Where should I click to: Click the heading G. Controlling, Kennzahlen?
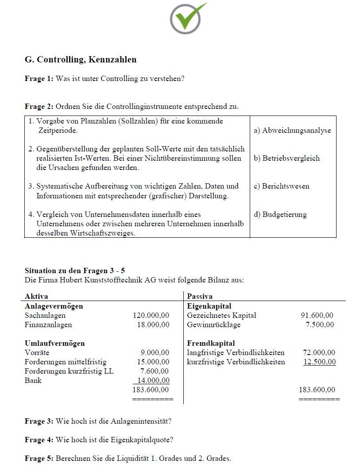point(81,59)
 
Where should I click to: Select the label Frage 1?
point(39,79)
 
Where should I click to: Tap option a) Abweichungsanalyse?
point(292,130)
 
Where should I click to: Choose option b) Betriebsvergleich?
point(286,158)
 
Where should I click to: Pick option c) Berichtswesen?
point(281,186)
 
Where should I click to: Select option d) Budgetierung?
point(280,214)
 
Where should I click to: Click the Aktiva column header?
point(36,296)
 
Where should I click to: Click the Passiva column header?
point(200,296)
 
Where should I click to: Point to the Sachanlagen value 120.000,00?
point(151,315)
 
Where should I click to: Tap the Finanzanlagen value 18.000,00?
point(153,324)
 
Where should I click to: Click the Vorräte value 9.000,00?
point(155,352)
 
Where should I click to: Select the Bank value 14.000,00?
point(153,380)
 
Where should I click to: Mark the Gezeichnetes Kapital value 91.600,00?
point(317,315)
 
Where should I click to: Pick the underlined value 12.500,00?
point(319,362)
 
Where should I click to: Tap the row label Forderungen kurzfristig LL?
point(69,371)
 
